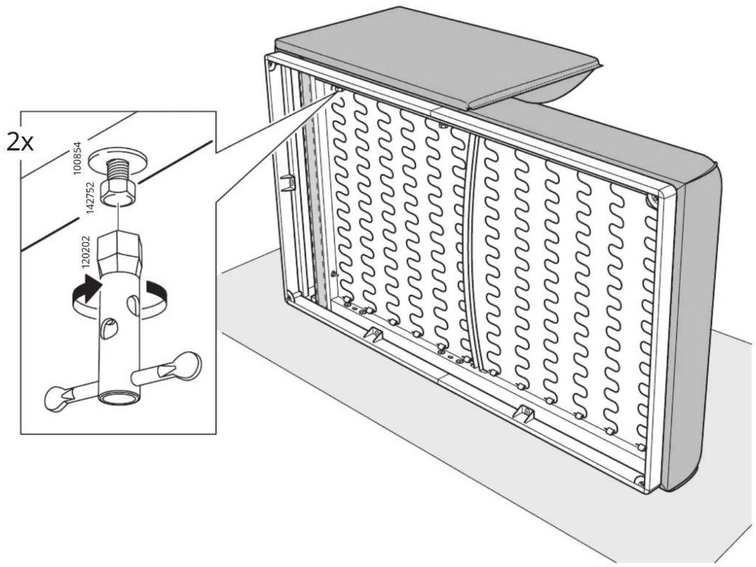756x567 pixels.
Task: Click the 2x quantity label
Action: pos(20,142)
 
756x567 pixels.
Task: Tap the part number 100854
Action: pos(79,158)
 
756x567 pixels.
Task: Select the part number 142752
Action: pos(90,198)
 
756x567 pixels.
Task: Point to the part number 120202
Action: pos(85,252)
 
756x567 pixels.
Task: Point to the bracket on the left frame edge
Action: pos(288,182)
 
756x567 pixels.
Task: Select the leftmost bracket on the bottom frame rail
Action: pos(374,333)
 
